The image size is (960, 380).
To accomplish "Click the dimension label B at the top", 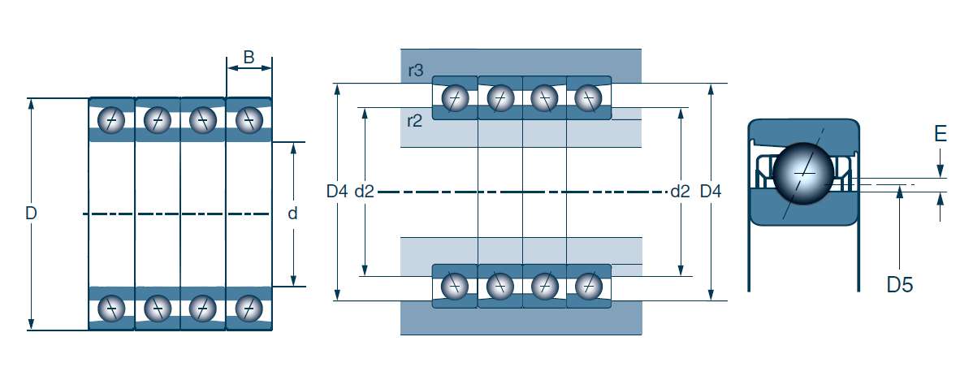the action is click(x=249, y=58).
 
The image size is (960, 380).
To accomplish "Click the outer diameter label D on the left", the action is click(x=31, y=214).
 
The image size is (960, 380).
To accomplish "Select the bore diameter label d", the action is click(x=292, y=214).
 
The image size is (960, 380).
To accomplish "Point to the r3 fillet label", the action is click(x=415, y=71).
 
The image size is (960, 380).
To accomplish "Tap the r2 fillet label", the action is click(x=414, y=120).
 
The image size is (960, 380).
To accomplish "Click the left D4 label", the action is click(x=337, y=192).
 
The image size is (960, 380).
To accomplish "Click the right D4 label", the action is click(x=710, y=192).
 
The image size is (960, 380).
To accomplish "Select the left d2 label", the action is click(x=365, y=192).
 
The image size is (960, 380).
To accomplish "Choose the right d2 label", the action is click(x=681, y=192).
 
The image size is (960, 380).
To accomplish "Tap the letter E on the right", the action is click(x=941, y=133).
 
